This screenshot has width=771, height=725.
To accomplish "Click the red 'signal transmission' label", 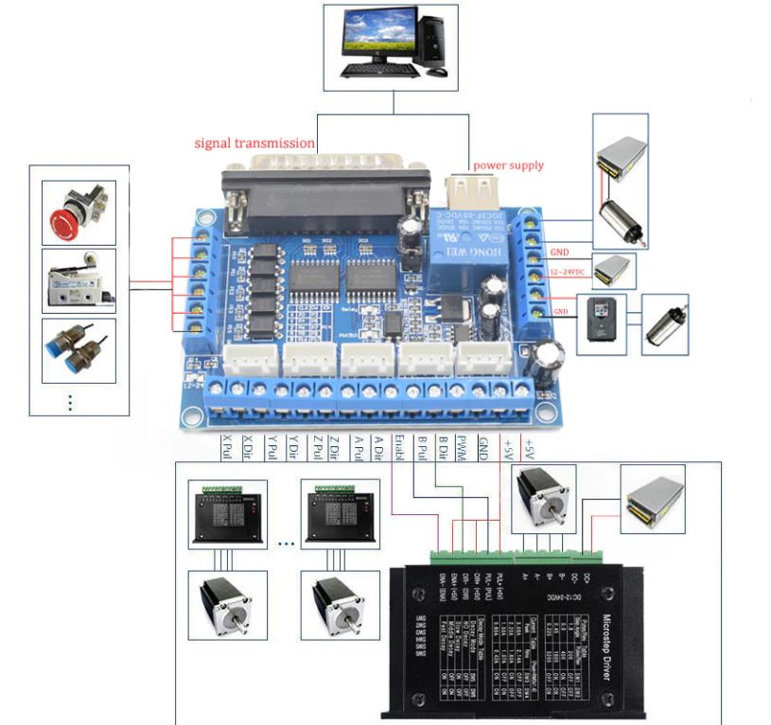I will click(254, 144).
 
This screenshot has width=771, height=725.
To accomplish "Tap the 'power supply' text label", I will click(508, 165).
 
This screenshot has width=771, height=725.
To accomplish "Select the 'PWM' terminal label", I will click(461, 447).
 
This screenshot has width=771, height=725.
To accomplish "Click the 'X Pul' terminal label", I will click(225, 448).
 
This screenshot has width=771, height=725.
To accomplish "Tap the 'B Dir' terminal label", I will click(440, 448).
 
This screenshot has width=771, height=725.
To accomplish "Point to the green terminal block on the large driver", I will click(473, 556).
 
